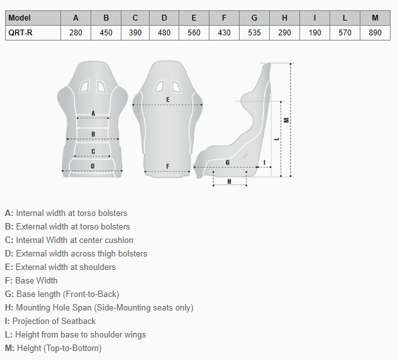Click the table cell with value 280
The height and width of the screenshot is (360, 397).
[x=76, y=33]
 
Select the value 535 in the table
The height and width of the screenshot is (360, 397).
[x=254, y=33]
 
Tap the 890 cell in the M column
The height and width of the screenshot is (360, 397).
[x=375, y=33]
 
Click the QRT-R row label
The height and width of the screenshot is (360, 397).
[x=21, y=33]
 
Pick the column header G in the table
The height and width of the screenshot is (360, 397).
[x=254, y=18]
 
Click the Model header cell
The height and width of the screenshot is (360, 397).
[x=33, y=18]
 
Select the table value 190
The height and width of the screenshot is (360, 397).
[x=315, y=33]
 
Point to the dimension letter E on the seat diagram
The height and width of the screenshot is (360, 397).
[x=168, y=100]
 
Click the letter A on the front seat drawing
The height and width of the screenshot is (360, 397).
[x=93, y=114]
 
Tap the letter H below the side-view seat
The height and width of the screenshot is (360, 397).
[x=229, y=181]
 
